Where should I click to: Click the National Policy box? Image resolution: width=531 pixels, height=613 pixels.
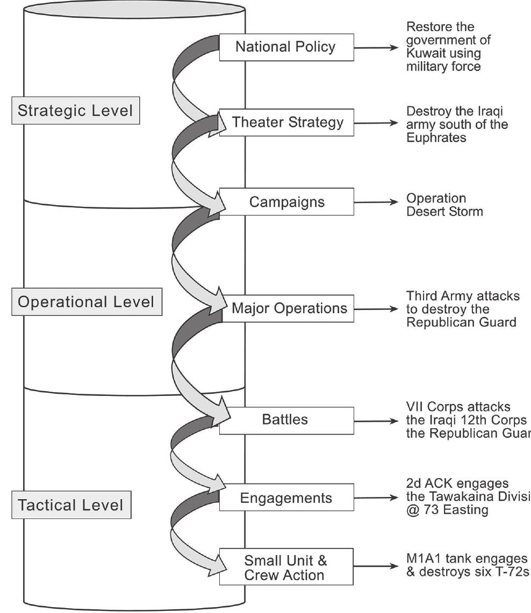tap(286, 47)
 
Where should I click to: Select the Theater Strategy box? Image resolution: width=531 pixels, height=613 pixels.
tap(287, 122)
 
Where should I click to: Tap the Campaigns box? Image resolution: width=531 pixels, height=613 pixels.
tap(287, 202)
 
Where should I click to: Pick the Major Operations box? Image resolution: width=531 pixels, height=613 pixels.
tap(289, 309)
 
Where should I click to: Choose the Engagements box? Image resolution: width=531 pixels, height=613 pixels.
tap(286, 497)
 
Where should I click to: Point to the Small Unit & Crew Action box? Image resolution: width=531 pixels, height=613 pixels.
tap(286, 567)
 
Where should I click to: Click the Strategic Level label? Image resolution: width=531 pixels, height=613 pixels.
tap(75, 111)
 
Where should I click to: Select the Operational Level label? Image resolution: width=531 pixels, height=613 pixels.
tap(86, 302)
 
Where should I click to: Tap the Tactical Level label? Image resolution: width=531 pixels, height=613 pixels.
tap(70, 505)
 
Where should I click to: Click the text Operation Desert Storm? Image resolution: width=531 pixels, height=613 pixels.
tap(444, 205)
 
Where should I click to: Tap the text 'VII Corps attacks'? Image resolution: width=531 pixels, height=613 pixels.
tap(450, 407)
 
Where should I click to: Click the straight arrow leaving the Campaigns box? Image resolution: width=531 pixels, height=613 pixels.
tap(375, 203)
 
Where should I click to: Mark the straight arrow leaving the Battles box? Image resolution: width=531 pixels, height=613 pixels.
tap(375, 421)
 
